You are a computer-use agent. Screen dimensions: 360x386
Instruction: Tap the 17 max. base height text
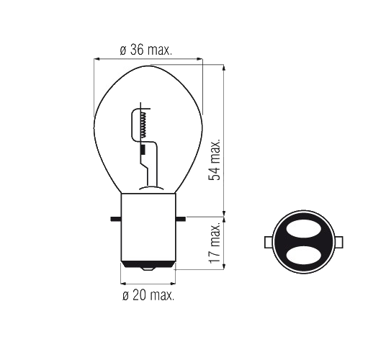(x=214, y=244)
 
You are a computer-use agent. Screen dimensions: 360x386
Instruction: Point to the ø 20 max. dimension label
(x=148, y=295)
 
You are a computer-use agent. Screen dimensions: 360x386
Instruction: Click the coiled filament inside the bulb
(x=143, y=125)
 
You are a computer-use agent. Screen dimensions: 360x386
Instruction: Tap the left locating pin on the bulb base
(x=115, y=217)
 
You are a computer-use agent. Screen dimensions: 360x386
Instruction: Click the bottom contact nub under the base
(x=148, y=270)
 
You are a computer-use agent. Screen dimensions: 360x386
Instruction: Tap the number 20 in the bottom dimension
(x=138, y=295)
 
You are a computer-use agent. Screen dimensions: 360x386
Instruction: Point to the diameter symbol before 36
(x=123, y=51)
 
